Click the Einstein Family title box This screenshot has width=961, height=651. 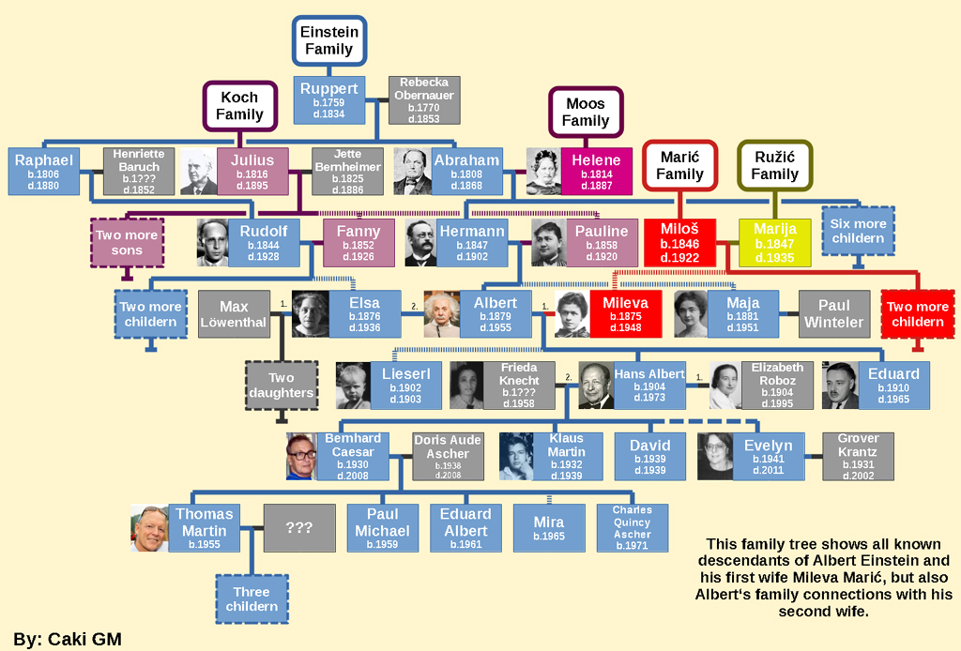328,40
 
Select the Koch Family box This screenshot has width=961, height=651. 240,106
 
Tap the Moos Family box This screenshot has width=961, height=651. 586,113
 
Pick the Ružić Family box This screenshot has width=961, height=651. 774,166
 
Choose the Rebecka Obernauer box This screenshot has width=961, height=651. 424,100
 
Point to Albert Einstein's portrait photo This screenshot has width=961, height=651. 441,313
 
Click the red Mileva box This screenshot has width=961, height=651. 625,313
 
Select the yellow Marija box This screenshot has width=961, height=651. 775,242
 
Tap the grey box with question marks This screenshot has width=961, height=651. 298,528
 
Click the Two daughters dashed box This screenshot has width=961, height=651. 282,386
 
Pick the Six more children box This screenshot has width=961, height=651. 857,231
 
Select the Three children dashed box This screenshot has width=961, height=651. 252,598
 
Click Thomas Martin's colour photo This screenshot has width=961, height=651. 149,528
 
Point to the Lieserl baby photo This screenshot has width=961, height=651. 353,386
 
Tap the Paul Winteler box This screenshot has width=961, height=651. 833,313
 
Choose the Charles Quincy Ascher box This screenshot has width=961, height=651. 632,528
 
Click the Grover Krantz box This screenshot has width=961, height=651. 858,457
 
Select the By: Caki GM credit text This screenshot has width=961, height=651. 68,640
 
